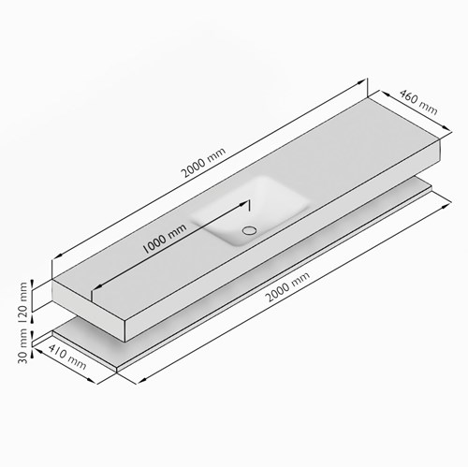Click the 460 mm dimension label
click(x=418, y=102)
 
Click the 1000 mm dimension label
click(x=164, y=239)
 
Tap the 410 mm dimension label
click(x=67, y=357)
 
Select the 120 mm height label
click(x=23, y=302)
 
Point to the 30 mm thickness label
click(x=23, y=346)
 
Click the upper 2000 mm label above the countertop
click(x=203, y=162)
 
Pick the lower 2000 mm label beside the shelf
click(x=288, y=286)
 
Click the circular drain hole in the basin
click(x=250, y=230)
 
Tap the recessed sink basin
click(x=251, y=211)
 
